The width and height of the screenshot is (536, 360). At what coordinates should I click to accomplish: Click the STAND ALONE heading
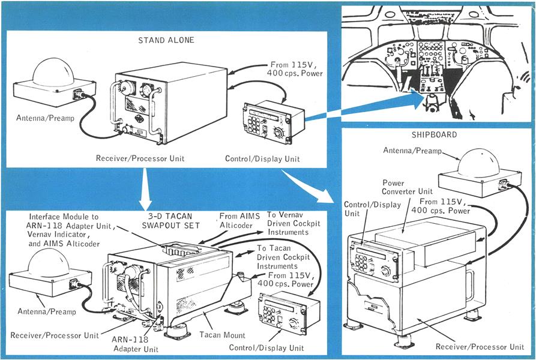(x=162, y=41)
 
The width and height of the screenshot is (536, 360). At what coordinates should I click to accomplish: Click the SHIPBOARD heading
(x=436, y=135)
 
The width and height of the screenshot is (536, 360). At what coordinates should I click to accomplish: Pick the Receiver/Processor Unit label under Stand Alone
(x=139, y=158)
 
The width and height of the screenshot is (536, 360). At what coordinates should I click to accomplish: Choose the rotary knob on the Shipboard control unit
(x=386, y=272)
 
